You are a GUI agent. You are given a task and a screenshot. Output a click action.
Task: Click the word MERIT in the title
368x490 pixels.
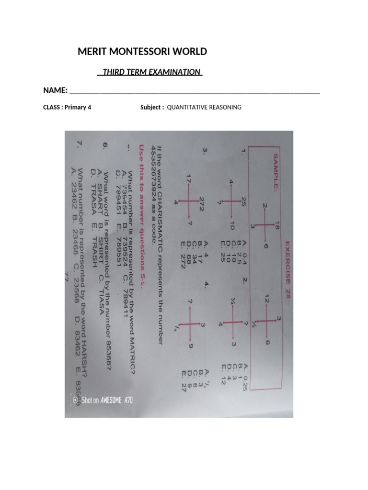91,52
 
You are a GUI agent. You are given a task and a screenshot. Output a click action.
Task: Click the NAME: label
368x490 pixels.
55,91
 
